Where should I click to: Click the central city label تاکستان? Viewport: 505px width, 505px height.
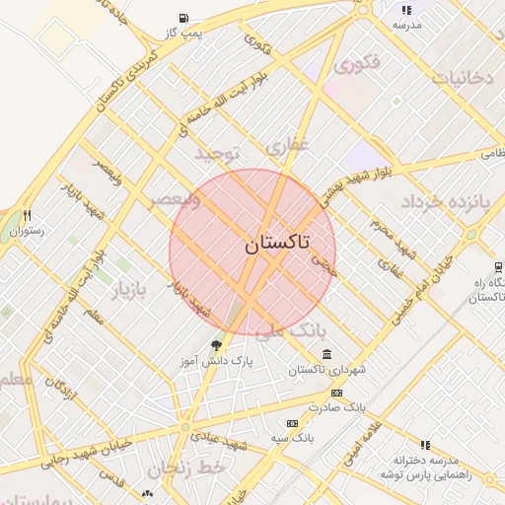pos(276,244)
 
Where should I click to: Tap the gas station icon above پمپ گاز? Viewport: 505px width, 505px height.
pos(184,18)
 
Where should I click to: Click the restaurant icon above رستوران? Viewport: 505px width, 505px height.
pos(28,215)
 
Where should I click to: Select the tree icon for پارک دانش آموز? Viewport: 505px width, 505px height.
pos(216,344)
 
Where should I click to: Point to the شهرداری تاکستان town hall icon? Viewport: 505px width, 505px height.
pos(326,355)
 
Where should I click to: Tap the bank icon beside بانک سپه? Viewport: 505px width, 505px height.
pos(290,423)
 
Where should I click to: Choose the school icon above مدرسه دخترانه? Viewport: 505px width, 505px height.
pos(425,445)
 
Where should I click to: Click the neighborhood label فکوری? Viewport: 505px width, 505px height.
pos(356,67)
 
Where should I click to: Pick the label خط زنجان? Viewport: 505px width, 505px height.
pos(198,469)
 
